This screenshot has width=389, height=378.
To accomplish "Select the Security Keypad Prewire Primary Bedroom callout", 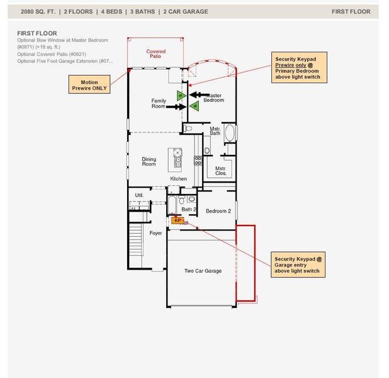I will (x=298, y=68).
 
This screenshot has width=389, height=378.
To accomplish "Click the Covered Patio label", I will (x=156, y=54).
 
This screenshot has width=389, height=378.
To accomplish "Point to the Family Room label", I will (x=159, y=103).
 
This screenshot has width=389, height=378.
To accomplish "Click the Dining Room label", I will (x=149, y=162).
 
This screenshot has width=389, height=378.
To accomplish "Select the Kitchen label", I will (x=178, y=179).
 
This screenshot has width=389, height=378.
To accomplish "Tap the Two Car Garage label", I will (x=203, y=271).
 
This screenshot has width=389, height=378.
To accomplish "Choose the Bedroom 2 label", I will (x=218, y=211).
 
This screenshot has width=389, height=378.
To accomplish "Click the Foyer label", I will (x=155, y=233).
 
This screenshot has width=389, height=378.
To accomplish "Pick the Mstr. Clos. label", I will (x=220, y=171).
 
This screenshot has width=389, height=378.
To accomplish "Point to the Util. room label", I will (x=139, y=195).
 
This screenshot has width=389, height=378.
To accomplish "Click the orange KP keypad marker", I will (x=177, y=220).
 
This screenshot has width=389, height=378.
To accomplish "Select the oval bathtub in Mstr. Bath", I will (x=230, y=133).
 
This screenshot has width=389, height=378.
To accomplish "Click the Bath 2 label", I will (x=189, y=209).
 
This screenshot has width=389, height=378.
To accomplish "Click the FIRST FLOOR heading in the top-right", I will (x=351, y=11).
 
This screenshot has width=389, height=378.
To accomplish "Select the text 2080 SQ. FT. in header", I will (x=38, y=11).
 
